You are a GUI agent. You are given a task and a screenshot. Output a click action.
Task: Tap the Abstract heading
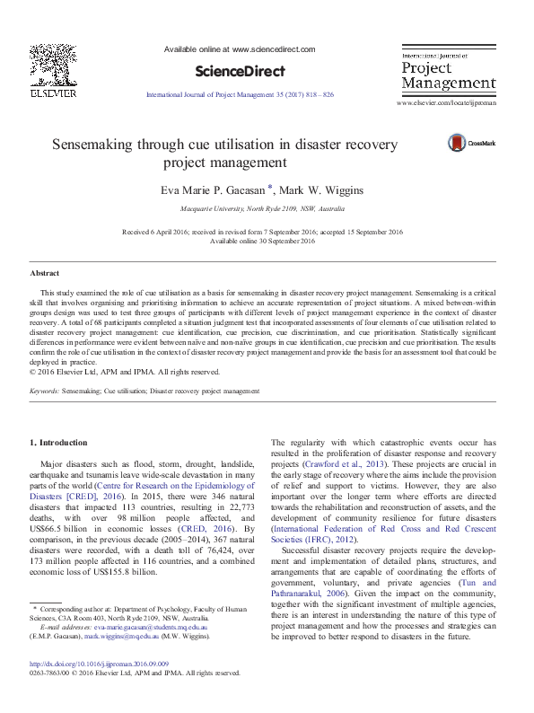45,271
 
